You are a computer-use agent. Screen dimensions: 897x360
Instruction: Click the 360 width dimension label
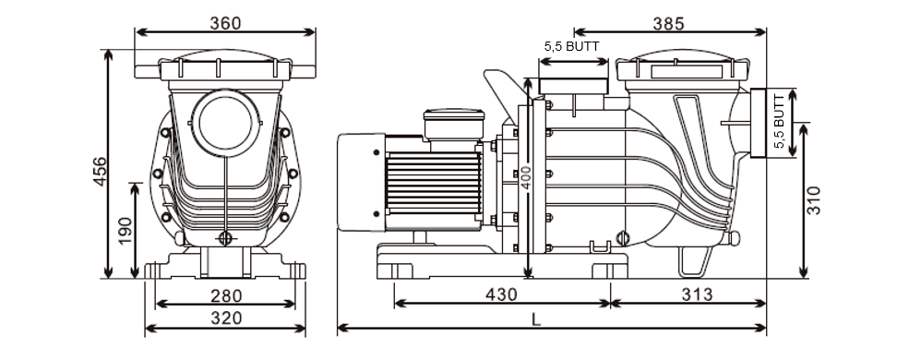[x=225, y=23]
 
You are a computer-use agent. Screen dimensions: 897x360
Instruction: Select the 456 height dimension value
[x=100, y=171]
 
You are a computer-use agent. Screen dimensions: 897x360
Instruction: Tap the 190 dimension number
[x=125, y=230]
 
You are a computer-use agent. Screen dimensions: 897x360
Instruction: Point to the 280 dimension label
[x=226, y=296]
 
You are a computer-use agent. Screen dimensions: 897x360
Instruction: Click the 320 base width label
[x=226, y=318]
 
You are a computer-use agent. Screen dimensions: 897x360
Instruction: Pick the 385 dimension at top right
[x=668, y=23]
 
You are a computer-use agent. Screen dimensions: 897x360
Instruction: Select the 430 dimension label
[x=501, y=294]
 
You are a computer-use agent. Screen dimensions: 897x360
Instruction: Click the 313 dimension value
[x=698, y=294]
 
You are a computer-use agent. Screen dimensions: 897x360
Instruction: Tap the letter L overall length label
[x=536, y=319]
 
